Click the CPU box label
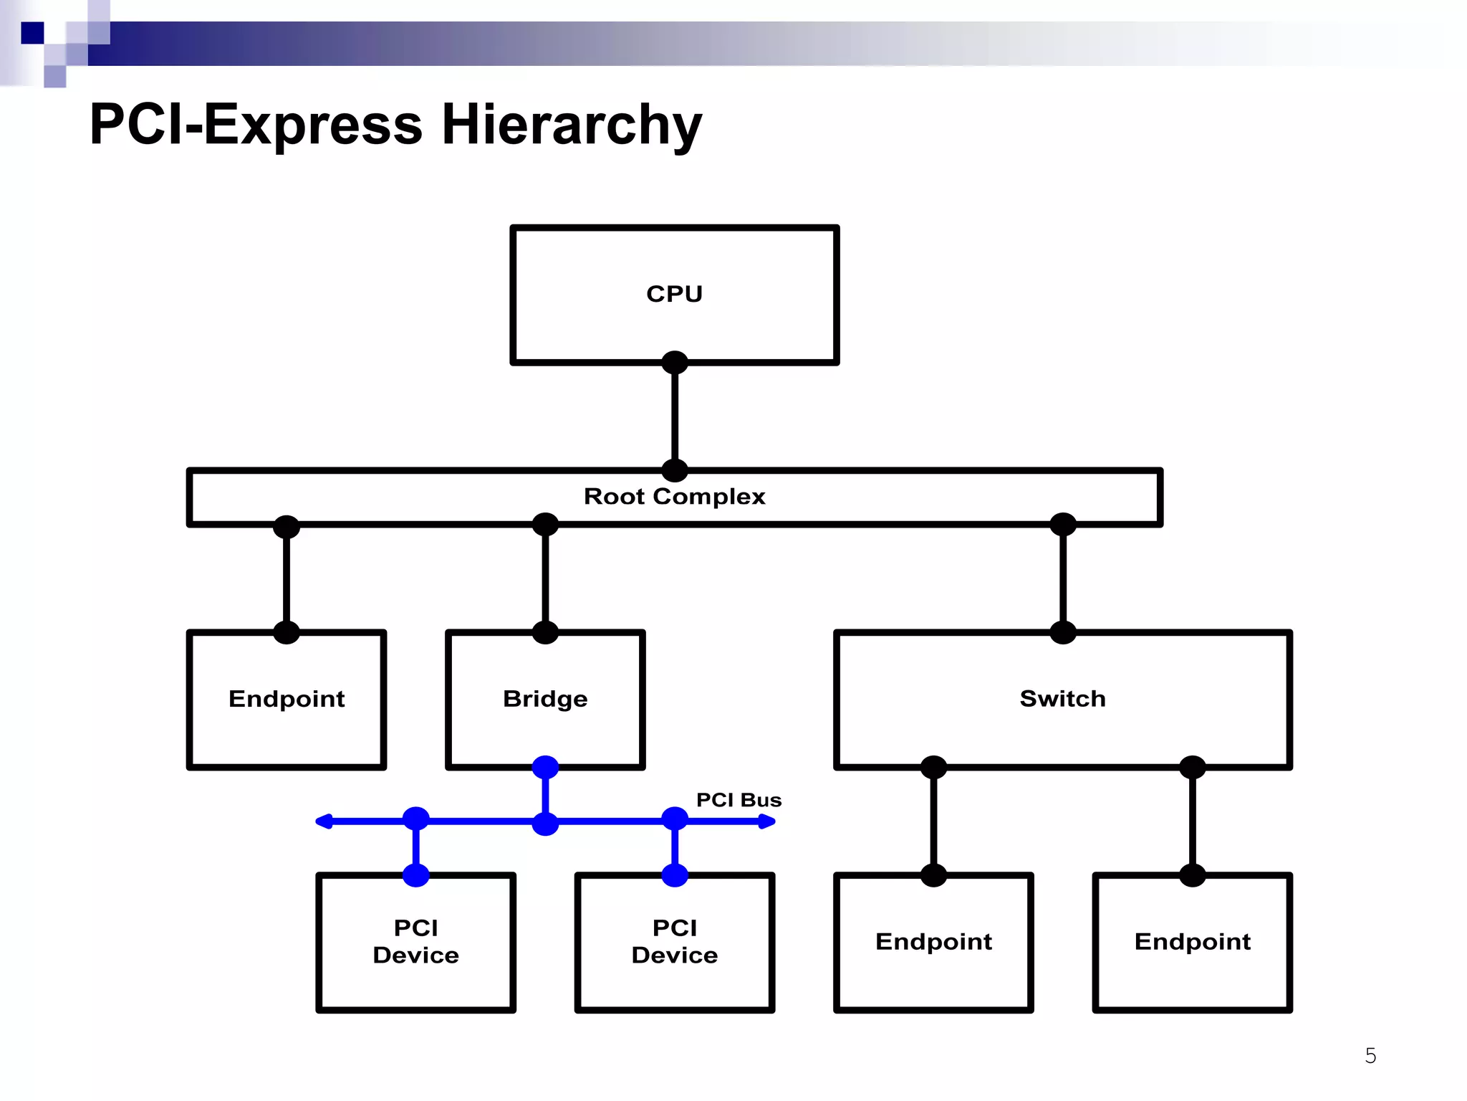click(x=674, y=294)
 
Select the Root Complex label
click(x=674, y=496)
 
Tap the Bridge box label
click(x=545, y=699)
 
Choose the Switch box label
click(x=1062, y=699)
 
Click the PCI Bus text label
click(x=739, y=800)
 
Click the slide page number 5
click(x=1370, y=1056)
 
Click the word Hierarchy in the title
click(x=572, y=125)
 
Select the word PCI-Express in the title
click(x=256, y=125)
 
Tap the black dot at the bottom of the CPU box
click(x=675, y=363)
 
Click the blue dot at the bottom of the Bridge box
click(x=545, y=767)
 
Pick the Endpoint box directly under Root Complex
click(x=287, y=699)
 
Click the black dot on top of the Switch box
click(x=1063, y=632)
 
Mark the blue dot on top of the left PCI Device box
click(x=416, y=875)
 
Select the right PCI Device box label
click(x=675, y=941)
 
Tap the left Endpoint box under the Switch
click(x=933, y=941)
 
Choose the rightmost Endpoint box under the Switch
click(x=1193, y=941)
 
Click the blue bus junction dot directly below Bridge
click(x=545, y=823)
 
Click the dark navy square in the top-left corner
click(x=32, y=33)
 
